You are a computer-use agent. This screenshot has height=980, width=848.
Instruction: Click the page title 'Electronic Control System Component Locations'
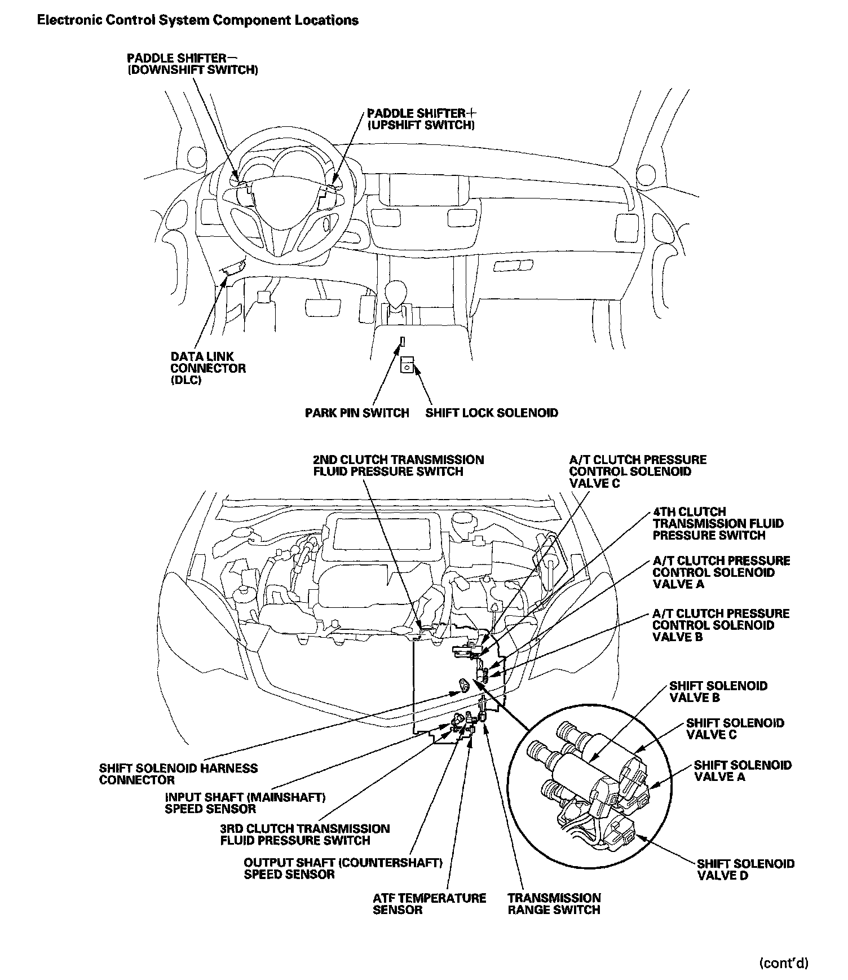(197, 21)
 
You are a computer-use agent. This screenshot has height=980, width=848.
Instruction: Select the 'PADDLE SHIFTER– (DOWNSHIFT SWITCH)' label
(193, 64)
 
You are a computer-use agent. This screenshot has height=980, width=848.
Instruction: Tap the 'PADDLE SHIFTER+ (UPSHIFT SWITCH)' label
(421, 119)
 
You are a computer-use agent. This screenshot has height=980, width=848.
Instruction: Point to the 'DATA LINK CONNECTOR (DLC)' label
(208, 368)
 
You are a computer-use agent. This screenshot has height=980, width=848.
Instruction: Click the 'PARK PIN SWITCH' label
(357, 413)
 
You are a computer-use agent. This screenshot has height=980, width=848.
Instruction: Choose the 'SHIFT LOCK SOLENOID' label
(492, 413)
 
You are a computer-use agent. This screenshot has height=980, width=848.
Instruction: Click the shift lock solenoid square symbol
(407, 365)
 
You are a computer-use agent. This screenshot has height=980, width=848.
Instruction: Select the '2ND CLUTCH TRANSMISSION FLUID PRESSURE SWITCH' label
(399, 466)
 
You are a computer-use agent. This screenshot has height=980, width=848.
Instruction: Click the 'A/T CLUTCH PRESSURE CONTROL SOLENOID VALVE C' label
(638, 471)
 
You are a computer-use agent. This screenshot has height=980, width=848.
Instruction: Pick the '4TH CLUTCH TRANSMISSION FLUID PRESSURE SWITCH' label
(718, 523)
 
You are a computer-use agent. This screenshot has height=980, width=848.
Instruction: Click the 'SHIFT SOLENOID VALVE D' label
(745, 869)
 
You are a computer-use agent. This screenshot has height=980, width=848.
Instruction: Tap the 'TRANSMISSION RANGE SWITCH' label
(554, 904)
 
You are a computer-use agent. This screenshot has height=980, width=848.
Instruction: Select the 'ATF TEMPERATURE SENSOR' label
(429, 904)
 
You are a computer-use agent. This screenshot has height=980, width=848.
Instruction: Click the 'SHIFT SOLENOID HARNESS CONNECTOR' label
(178, 774)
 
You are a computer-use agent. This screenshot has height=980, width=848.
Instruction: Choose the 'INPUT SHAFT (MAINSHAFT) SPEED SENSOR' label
(245, 804)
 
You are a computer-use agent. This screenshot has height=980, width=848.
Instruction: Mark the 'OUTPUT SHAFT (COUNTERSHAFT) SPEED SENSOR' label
(343, 869)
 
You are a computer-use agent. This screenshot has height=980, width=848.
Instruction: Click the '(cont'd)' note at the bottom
(784, 963)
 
